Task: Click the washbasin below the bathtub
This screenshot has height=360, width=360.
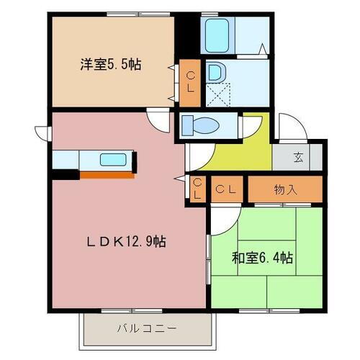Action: point(215,72)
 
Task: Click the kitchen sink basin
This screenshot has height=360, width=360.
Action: point(113,159)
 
